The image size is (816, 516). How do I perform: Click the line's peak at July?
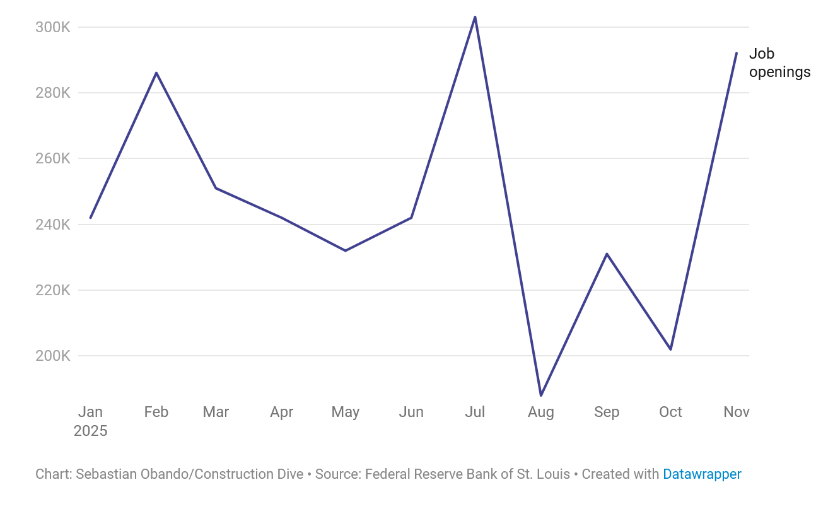coord(475,17)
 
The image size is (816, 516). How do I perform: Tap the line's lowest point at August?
coord(541,396)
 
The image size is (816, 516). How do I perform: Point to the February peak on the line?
coord(156,73)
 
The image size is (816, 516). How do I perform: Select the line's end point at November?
coord(736,53)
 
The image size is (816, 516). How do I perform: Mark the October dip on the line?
coord(670,349)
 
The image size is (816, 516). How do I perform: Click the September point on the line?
coord(607,254)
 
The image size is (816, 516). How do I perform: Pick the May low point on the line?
coord(346,250)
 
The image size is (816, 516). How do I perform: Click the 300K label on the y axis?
coord(53,27)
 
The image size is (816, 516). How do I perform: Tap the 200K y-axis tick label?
coord(53,356)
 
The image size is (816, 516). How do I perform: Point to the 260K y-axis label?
coord(53,158)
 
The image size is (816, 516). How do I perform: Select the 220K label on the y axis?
coord(53,290)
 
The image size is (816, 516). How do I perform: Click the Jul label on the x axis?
coord(475,412)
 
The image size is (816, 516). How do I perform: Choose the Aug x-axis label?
coord(541,412)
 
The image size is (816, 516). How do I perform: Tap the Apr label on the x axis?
coord(281,412)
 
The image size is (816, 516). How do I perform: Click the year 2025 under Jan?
coord(90,431)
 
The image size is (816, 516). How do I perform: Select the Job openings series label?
coord(779,63)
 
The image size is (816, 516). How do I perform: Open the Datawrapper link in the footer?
coord(702,474)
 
